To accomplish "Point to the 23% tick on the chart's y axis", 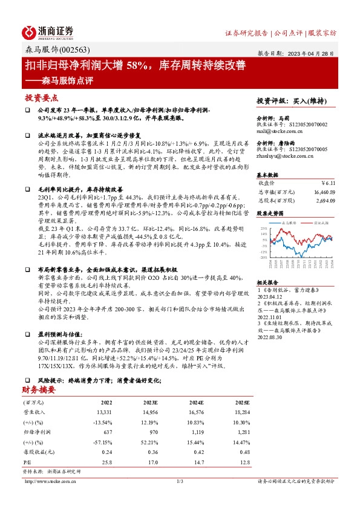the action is coord(264,228).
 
